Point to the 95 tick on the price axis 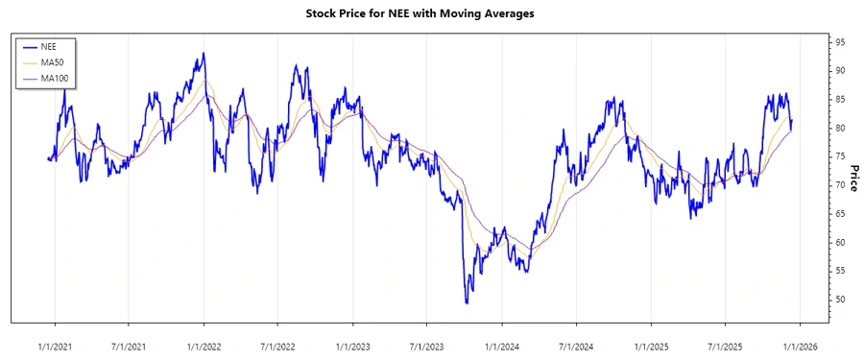[x=839, y=42]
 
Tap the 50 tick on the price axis [x=839, y=300]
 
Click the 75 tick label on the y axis [x=839, y=156]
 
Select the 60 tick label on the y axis [x=839, y=242]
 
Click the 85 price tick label [x=839, y=100]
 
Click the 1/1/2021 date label [x=55, y=344]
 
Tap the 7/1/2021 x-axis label [x=129, y=344]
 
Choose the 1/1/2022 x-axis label [x=204, y=344]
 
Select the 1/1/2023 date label [x=353, y=344]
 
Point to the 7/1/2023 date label [x=427, y=344]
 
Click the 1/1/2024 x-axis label [x=502, y=344]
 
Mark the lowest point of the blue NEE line [x=467, y=303]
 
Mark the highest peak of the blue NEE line [x=203, y=53]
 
